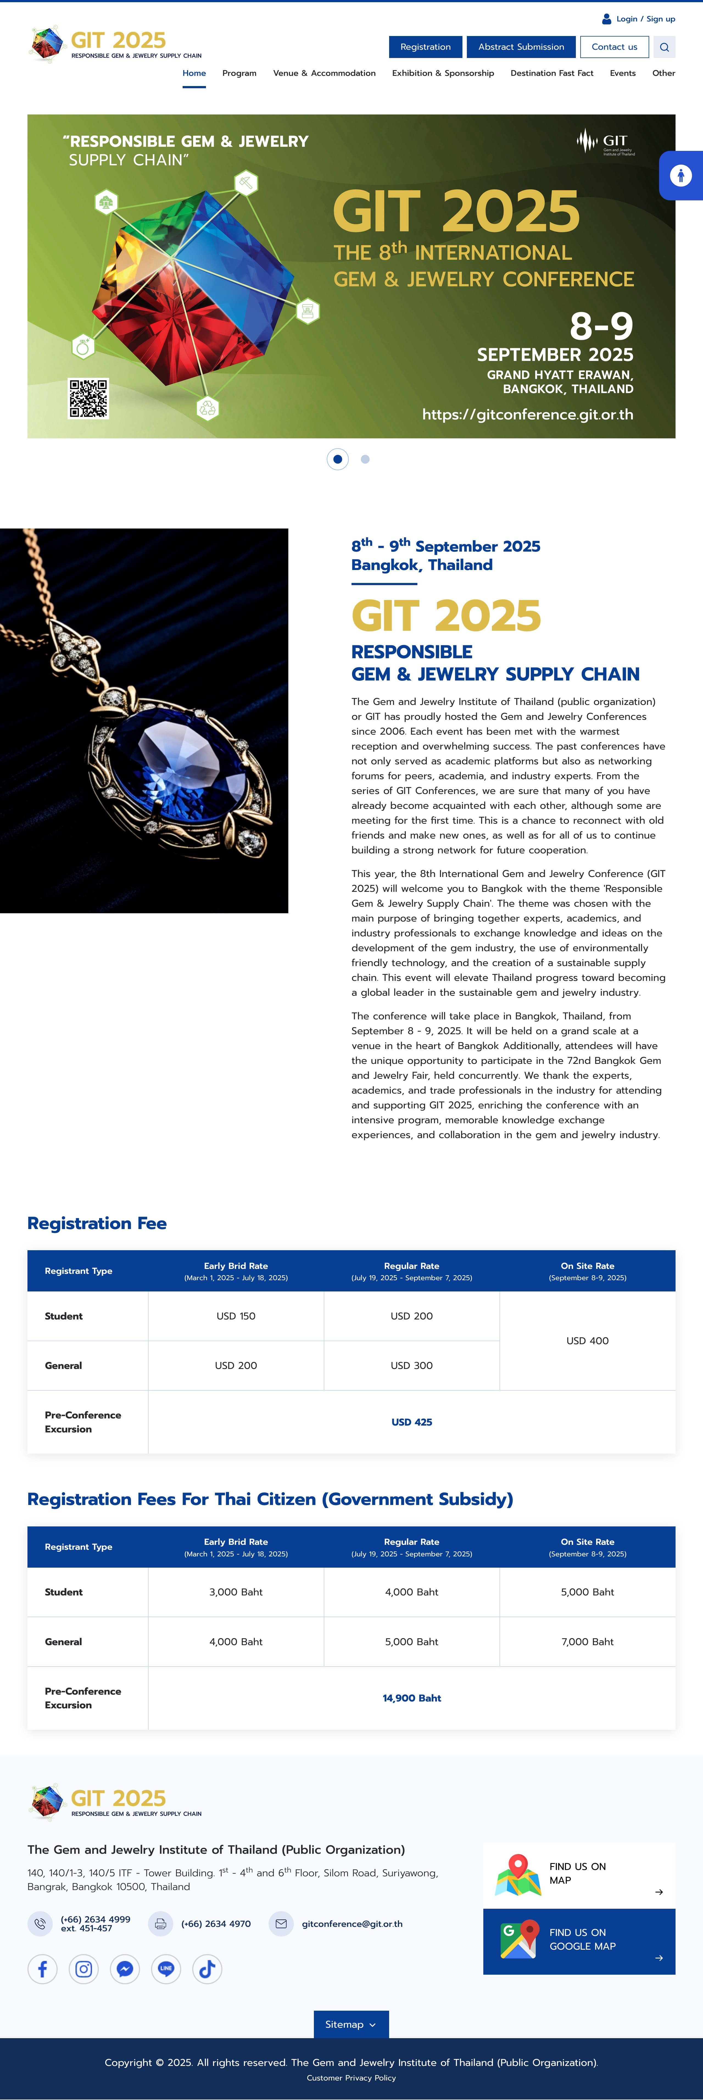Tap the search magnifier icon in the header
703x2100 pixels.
(x=664, y=47)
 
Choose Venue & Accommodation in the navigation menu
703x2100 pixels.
(x=324, y=73)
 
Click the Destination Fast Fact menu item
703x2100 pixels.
(x=551, y=73)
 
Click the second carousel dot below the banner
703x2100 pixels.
(x=365, y=459)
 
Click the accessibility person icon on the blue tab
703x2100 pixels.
(x=681, y=175)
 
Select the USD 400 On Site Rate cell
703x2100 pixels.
(x=587, y=1340)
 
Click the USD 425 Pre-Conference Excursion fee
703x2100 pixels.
(x=411, y=1422)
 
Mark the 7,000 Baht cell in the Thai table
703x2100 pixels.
(x=587, y=1641)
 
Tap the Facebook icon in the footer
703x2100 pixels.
(x=42, y=1969)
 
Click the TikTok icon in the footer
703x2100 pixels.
(x=207, y=1969)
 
